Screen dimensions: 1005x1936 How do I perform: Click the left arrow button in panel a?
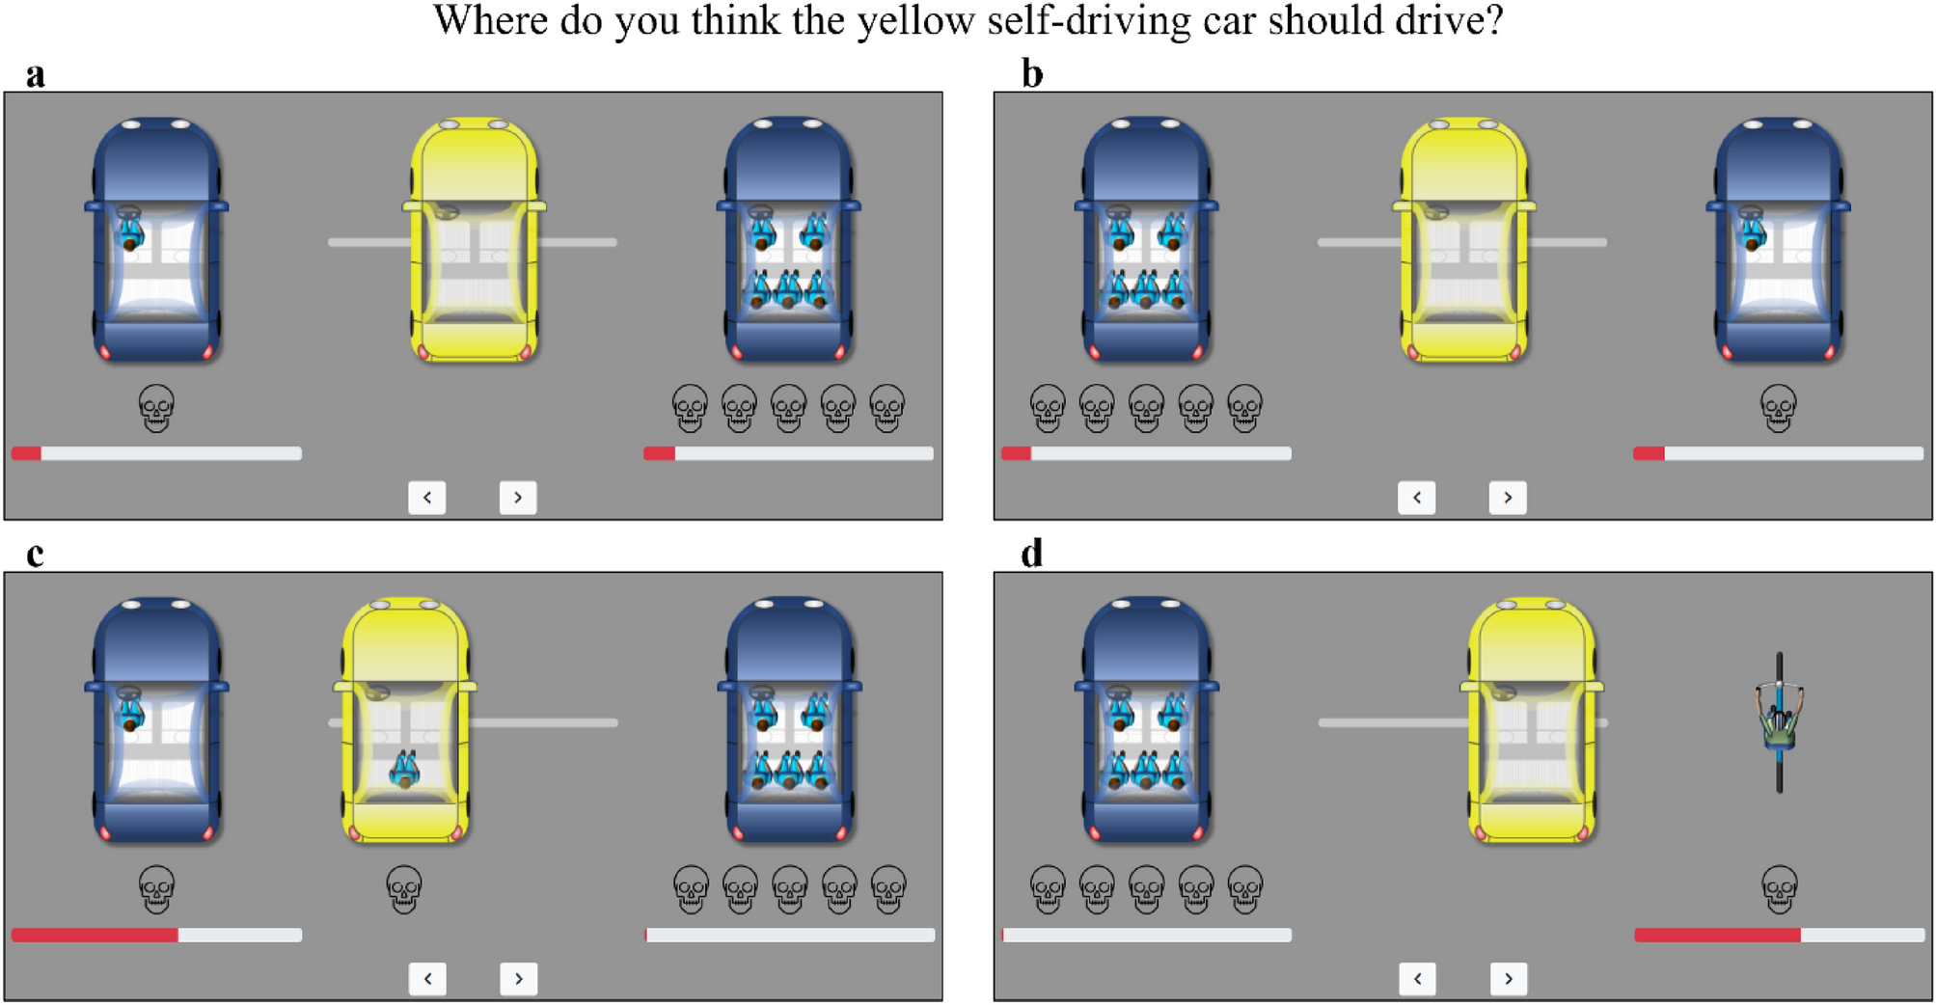coord(427,498)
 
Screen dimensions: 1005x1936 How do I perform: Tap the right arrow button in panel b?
coord(1508,498)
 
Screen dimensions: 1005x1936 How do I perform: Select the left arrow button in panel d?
coord(1417,979)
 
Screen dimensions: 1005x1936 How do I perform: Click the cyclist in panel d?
coord(1780,723)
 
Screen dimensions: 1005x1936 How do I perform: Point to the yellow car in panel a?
coord(475,241)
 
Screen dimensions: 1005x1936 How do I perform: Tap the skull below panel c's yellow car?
coord(404,889)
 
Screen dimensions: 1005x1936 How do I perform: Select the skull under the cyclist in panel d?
coord(1780,889)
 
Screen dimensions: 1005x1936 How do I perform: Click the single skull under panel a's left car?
coord(156,408)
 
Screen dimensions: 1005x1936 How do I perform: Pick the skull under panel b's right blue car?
coord(1779,408)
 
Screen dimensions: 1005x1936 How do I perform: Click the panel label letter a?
coord(36,74)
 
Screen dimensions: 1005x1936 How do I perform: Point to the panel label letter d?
coord(1032,555)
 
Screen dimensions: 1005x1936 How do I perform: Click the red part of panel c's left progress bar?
coord(95,935)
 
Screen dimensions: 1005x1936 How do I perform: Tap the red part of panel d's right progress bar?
coord(1717,935)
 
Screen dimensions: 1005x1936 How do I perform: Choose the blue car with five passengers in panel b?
coord(1146,241)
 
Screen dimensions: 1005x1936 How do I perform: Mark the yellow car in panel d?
coord(1532,721)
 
